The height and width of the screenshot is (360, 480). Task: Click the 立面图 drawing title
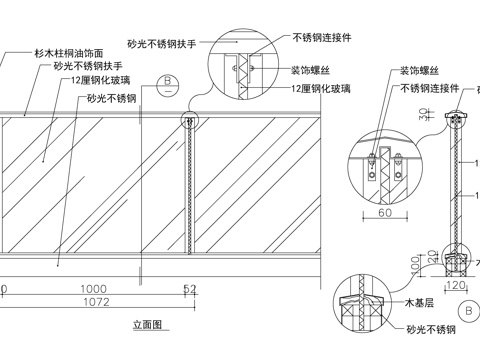[147, 324]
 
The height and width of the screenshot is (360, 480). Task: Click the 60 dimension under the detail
[383, 213]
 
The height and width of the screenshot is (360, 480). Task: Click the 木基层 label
[418, 301]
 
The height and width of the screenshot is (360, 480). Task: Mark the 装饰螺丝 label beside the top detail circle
[311, 71]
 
